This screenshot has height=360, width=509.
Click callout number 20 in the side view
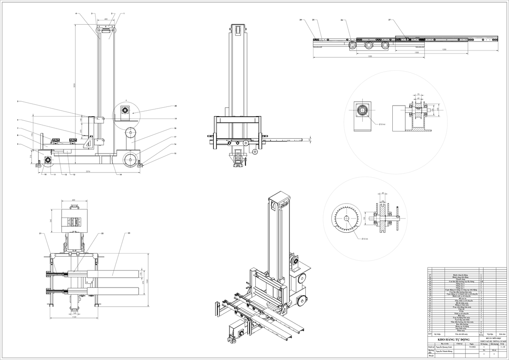point(176,106)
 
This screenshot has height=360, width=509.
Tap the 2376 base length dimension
point(88,171)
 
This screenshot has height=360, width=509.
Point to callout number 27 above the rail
point(389,20)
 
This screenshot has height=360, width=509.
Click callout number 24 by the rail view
point(300,20)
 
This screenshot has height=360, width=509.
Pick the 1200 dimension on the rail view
point(444,50)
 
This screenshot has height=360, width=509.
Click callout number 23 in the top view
point(129,233)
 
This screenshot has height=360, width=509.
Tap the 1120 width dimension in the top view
point(74,317)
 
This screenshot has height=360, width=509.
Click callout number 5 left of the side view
point(18,101)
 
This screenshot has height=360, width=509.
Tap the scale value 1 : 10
point(503,346)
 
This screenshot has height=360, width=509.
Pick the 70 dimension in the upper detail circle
point(418,94)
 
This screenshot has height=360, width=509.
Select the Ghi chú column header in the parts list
point(503,334)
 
